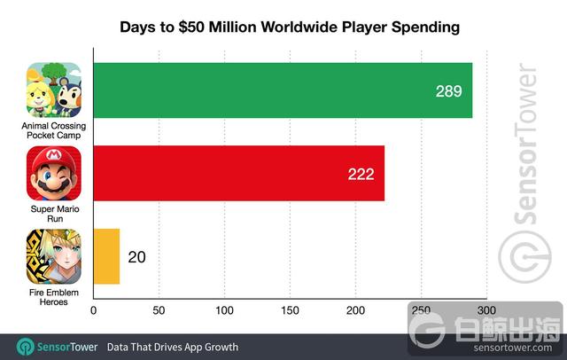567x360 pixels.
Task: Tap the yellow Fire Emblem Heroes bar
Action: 106,257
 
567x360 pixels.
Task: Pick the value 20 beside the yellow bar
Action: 136,258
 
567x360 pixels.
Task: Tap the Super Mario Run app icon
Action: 54,174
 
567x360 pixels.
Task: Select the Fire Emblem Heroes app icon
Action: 54,256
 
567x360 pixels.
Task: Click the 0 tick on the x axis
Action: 93,310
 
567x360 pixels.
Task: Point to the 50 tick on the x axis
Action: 159,310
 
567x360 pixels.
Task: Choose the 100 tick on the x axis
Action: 224,310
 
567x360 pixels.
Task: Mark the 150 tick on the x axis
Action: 290,310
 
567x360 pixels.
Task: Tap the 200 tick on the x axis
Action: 355,310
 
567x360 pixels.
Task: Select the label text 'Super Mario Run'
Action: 54,212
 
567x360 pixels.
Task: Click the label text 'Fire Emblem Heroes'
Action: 54,294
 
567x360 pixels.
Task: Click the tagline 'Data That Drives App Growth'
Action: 173,345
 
